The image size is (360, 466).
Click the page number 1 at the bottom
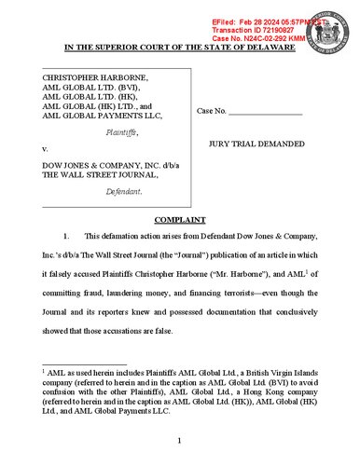click(x=180, y=438)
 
